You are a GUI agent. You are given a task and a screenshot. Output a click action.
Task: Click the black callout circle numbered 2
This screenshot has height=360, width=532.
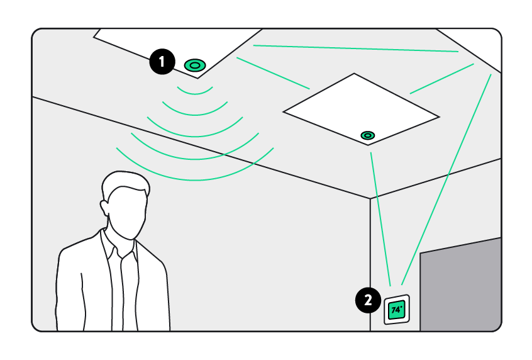pos(367,299)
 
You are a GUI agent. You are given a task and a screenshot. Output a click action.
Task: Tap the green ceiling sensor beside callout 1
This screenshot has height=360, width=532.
pos(194,65)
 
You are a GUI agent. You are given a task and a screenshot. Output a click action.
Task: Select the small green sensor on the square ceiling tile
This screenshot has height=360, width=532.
pos(367,135)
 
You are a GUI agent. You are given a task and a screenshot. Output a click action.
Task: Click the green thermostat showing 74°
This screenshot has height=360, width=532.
pos(397,310)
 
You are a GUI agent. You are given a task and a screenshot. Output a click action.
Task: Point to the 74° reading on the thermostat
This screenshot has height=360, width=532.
pos(396,310)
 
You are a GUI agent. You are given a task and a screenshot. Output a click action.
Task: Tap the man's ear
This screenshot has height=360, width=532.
pos(104,206)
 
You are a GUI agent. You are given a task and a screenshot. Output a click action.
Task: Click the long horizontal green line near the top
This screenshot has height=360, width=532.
pos(355,48)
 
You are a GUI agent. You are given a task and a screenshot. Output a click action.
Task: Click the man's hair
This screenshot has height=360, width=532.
pos(126,183)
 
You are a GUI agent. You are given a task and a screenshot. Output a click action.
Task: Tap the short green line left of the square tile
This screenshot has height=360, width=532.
pos(273,73)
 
